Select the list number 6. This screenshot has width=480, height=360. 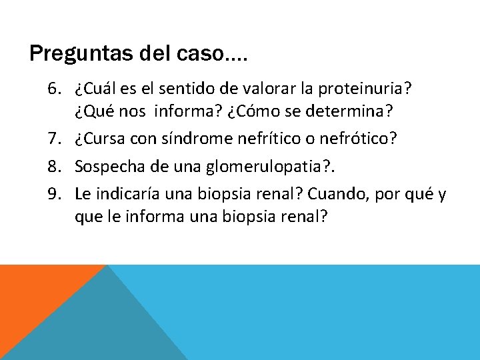point(54,89)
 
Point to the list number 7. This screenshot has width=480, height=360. point(54,138)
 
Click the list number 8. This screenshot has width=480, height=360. point(54,166)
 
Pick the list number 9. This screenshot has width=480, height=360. point(54,194)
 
